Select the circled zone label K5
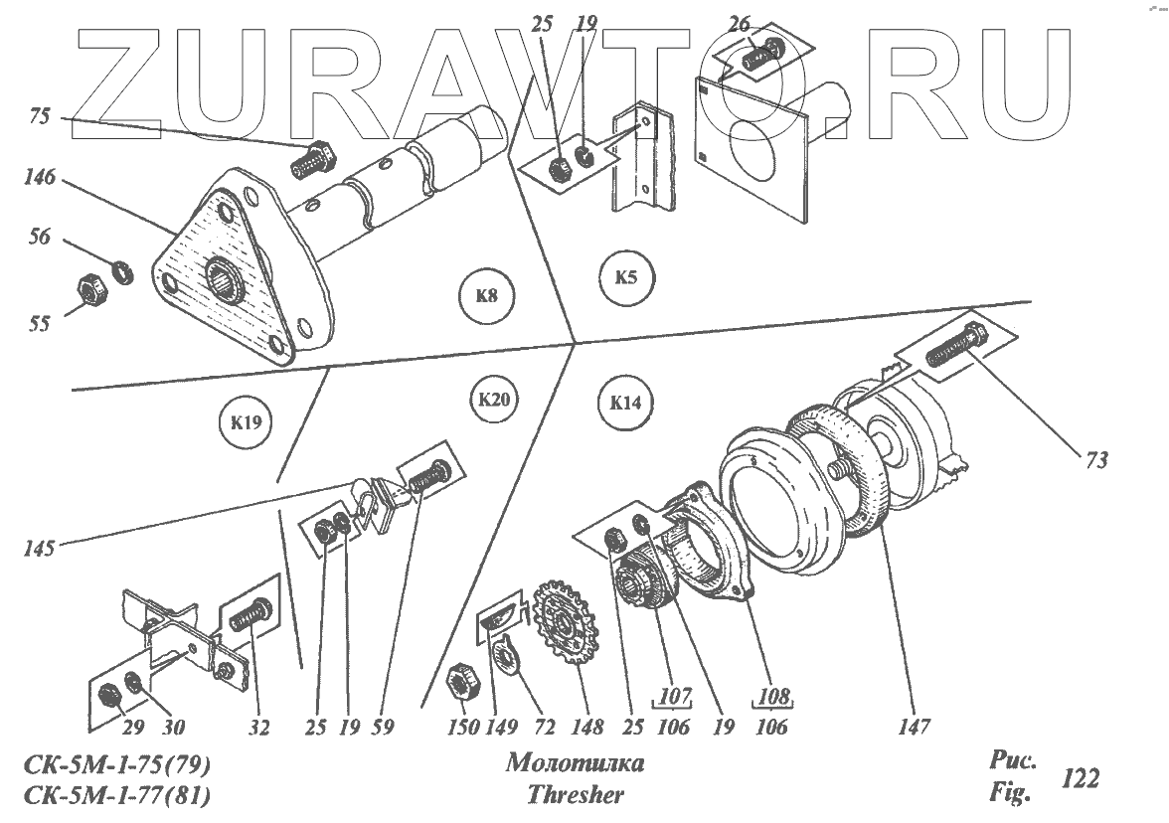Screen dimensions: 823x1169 point(625,277)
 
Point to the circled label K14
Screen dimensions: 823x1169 point(625,403)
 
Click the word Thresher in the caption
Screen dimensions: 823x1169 point(576,794)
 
